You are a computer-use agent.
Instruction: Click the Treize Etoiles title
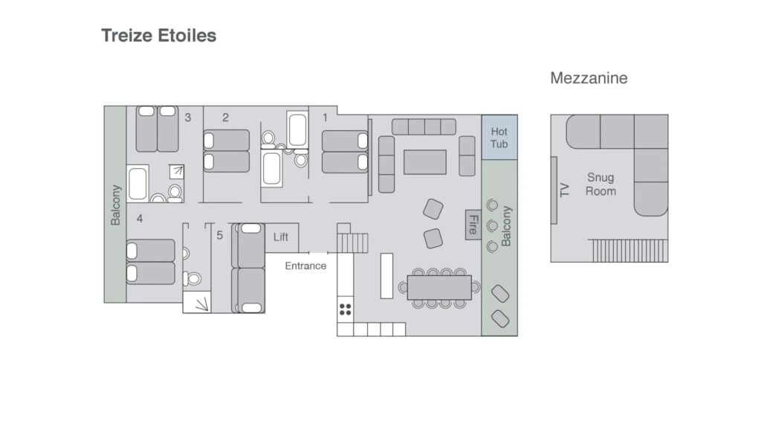(x=159, y=36)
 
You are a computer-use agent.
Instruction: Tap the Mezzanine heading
(x=589, y=77)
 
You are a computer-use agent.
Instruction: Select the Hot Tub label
(x=499, y=138)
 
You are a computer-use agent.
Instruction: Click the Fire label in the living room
(x=473, y=225)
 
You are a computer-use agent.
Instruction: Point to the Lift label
(x=280, y=237)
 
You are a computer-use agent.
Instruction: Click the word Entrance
(x=305, y=266)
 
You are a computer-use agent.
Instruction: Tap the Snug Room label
(x=600, y=184)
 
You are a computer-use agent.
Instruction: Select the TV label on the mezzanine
(x=564, y=190)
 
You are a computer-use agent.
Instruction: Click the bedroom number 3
(x=188, y=118)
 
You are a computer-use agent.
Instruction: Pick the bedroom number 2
(x=226, y=118)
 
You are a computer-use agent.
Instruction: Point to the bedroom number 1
(x=326, y=118)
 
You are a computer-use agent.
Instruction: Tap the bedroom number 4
(x=140, y=219)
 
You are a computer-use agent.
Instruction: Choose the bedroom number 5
(x=220, y=236)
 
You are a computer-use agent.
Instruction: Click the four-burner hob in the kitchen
(x=345, y=309)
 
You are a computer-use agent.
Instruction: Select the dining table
(x=439, y=288)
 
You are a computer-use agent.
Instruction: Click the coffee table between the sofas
(x=425, y=162)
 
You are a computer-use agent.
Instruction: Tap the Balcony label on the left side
(x=115, y=205)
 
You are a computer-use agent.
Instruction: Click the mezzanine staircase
(x=628, y=251)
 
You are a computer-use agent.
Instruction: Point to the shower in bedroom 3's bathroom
(x=177, y=172)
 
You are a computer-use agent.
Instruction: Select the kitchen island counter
(x=386, y=276)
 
